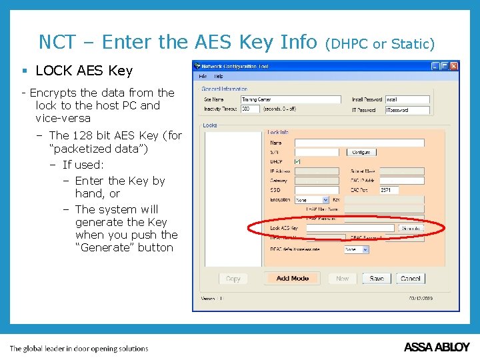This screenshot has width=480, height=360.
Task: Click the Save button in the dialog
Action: tap(377, 279)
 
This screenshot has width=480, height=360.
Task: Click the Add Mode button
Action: tap(292, 279)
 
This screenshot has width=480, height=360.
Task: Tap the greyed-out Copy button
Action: tap(233, 279)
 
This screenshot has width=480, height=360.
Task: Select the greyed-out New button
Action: tap(343, 279)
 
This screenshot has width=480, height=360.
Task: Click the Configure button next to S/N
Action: tap(361, 152)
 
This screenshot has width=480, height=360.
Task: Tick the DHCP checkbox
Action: tap(297, 161)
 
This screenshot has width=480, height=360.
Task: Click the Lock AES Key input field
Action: tap(350, 228)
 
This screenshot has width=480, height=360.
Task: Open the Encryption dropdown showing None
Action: tap(312, 199)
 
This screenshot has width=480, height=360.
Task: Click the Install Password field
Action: tap(407, 99)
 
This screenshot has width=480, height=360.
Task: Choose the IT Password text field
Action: tap(407, 109)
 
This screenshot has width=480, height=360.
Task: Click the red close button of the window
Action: tap(454, 66)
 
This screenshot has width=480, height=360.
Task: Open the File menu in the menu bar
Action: tap(203, 76)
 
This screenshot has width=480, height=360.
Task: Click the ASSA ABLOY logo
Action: tap(437, 347)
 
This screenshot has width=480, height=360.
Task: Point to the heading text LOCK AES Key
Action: tap(84, 71)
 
